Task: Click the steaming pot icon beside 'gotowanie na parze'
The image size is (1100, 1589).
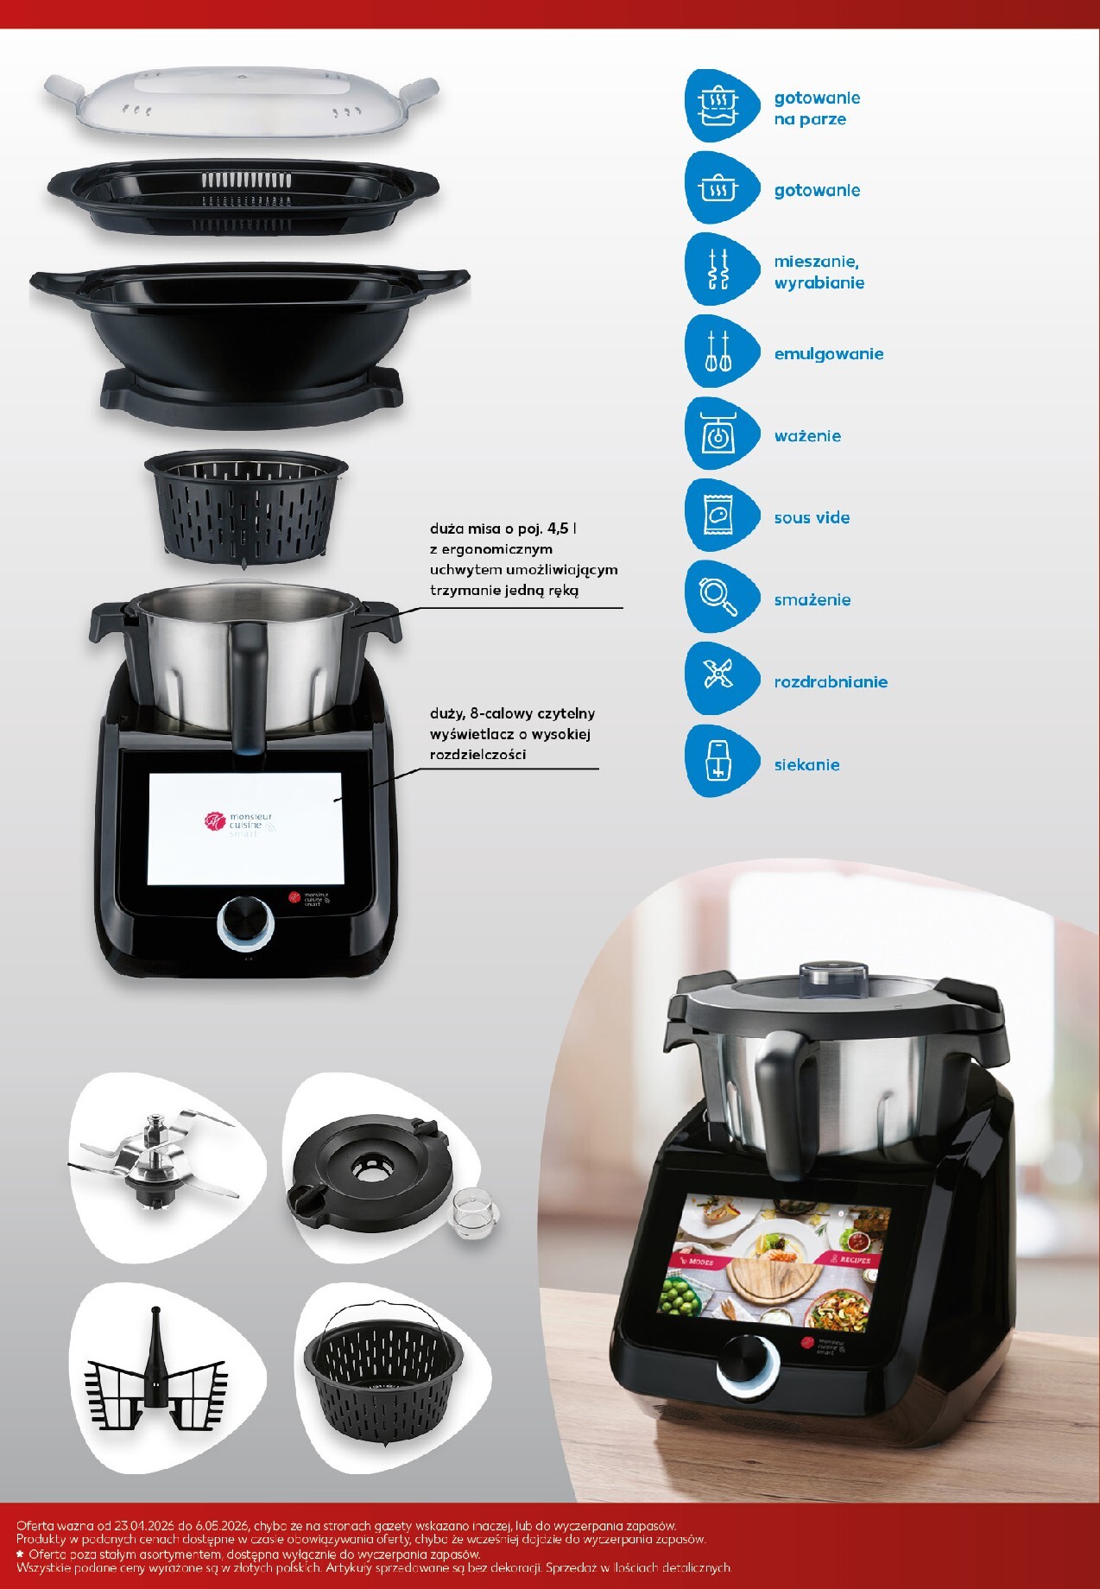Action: point(718,106)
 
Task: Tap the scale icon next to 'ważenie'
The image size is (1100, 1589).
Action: point(718,434)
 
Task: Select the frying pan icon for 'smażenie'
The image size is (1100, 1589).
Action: point(718,597)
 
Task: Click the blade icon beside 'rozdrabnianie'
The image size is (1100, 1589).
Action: point(718,679)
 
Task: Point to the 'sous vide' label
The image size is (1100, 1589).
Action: point(812,518)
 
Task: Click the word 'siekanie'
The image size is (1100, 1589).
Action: point(806,764)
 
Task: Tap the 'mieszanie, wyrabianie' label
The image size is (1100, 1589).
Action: point(819,272)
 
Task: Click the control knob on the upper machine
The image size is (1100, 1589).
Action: point(245,922)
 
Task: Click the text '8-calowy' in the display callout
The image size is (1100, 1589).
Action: point(501,713)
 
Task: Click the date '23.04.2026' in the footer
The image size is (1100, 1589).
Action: point(145,1526)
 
